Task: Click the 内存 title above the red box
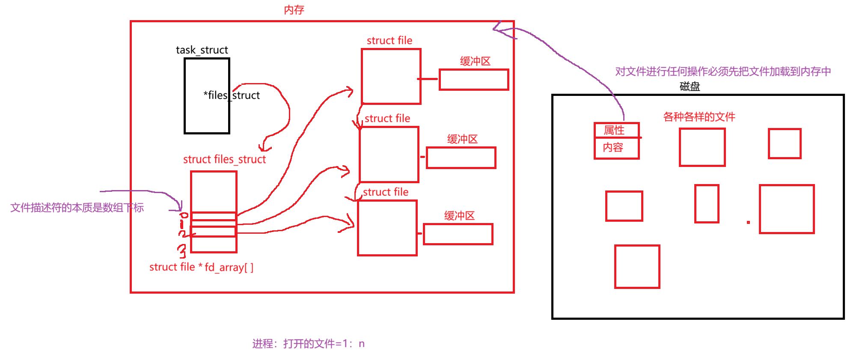point(294,10)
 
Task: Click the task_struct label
point(202,50)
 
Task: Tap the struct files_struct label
point(224,159)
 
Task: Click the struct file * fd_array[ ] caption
point(201,267)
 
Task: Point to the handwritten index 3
point(182,251)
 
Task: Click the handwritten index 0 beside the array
point(184,215)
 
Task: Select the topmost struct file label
point(389,41)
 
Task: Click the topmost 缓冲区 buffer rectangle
point(474,80)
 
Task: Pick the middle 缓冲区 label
point(462,139)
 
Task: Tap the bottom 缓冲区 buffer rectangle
point(458,234)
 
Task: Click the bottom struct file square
point(387,228)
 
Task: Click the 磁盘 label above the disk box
point(690,86)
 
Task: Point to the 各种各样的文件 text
point(699,117)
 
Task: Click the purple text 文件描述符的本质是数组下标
point(77,208)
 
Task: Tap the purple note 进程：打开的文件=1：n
point(308,344)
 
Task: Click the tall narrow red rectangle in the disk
point(707,204)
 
